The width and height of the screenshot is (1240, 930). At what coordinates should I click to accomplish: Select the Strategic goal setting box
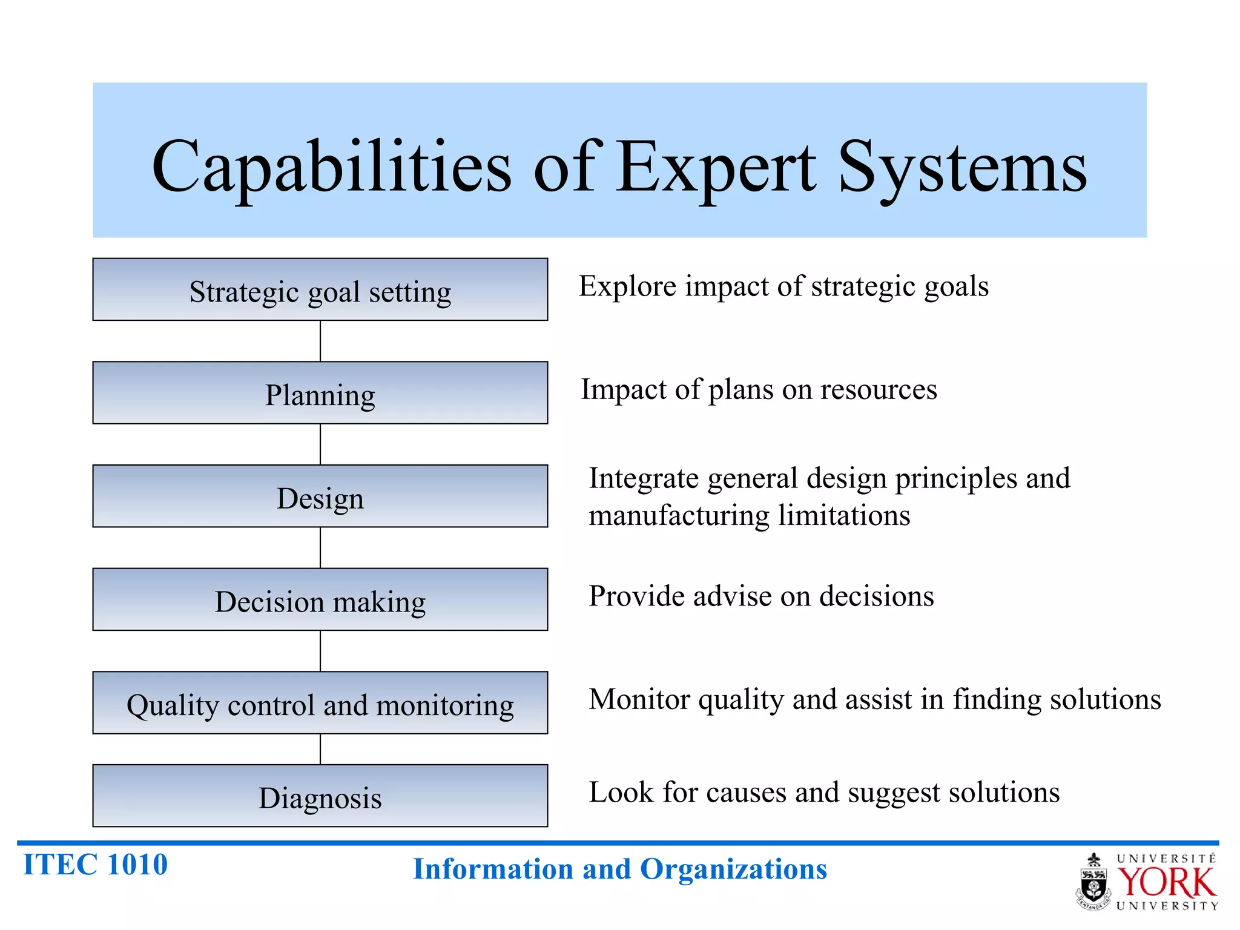coord(320,290)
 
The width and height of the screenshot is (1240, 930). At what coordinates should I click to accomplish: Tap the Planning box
coord(320,393)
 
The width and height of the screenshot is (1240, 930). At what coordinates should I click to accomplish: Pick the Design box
coord(320,496)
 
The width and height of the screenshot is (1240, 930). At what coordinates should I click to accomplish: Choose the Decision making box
coord(320,600)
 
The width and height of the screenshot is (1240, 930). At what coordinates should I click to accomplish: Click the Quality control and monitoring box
coord(320,703)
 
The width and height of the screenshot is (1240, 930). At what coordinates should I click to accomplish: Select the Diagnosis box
coord(320,796)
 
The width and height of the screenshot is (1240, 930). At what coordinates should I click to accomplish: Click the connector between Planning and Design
coord(320,444)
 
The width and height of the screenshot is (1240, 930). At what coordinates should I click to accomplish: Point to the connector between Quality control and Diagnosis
coord(320,749)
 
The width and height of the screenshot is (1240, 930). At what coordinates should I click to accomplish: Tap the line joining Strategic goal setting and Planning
coord(320,341)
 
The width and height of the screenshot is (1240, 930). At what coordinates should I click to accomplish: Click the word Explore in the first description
coord(627,286)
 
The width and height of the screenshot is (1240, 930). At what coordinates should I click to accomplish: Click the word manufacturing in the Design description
coord(679,516)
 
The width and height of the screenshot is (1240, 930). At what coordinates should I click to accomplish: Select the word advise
coord(732,596)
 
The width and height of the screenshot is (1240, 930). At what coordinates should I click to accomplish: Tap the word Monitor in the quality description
coord(639,699)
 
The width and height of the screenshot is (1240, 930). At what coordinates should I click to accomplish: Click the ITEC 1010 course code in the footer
coord(95,865)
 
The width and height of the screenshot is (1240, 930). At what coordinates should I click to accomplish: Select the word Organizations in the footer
coord(733,869)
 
